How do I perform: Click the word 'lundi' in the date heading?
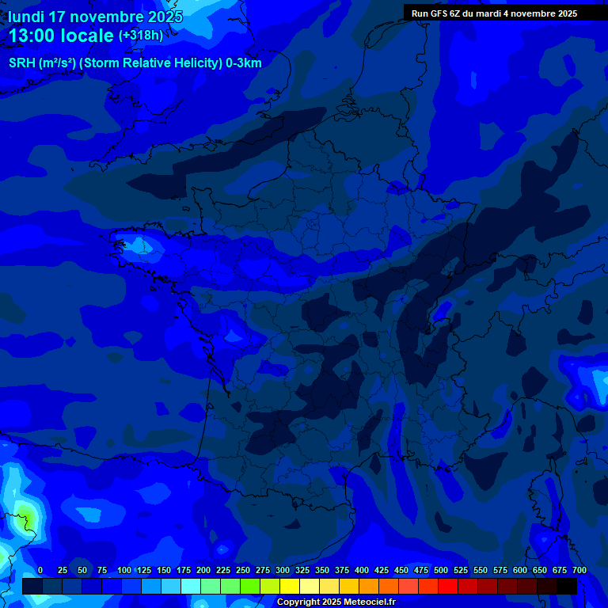(26, 17)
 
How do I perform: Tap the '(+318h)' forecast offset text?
(141, 36)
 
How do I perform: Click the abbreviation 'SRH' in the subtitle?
(22, 63)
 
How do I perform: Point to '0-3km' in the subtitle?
(244, 63)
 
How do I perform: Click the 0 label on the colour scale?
(40, 570)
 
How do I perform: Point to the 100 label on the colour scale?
(124, 570)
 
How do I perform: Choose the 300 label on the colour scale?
(283, 570)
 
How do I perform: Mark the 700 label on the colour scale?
(579, 570)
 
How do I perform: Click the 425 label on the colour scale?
(382, 570)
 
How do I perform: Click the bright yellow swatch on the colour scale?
(290, 586)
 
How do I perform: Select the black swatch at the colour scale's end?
(567, 586)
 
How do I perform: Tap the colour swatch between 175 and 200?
(191, 586)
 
